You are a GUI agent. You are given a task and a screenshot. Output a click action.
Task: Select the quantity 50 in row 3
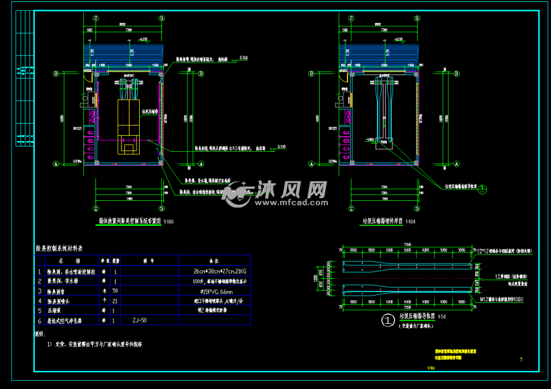[x=116, y=292]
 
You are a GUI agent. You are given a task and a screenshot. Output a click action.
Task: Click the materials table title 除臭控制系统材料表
[x=64, y=248]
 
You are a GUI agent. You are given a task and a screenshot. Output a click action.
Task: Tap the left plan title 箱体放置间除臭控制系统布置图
[x=126, y=220]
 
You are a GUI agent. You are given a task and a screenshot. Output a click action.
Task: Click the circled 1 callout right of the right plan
[x=482, y=190]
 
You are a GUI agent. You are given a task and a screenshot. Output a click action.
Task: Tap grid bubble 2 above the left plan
[x=96, y=19]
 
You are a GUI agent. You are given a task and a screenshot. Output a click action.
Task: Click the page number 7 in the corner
[x=521, y=359]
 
